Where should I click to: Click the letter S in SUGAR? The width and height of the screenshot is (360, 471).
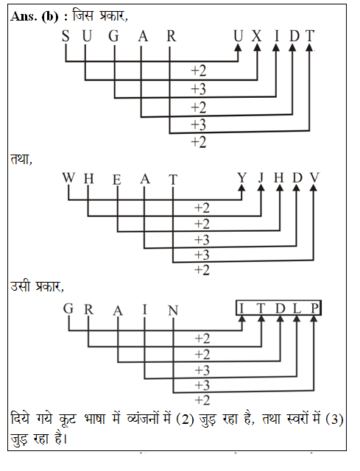pos(66,36)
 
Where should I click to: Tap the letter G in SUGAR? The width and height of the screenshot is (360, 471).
pos(113,36)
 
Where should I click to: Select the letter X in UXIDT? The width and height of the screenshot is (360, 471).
pos(257,36)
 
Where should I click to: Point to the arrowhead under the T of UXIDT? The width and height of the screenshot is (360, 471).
pos(310,47)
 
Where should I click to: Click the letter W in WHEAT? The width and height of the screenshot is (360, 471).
pos(68,177)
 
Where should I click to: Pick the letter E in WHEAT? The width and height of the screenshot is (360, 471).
pos(117,180)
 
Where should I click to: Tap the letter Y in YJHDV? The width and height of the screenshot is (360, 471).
pos(242,178)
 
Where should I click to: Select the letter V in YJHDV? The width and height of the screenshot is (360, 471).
pos(314,178)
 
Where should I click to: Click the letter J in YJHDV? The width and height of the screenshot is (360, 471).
pos(261,178)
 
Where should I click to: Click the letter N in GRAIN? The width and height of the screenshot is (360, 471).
pos(173,311)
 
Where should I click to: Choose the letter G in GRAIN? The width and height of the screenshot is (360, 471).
pos(68,308)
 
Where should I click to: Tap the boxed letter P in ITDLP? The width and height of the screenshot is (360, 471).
pos(314,308)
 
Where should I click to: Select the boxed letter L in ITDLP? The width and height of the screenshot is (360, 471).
pos(297,308)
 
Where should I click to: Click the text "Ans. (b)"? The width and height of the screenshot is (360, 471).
pos(35,16)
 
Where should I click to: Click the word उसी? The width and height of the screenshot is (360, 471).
pos(21,286)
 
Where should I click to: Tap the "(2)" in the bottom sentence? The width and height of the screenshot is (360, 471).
pos(185,419)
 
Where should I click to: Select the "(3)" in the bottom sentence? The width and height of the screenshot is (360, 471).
pos(334,419)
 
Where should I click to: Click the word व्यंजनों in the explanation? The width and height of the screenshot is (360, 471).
pos(141,419)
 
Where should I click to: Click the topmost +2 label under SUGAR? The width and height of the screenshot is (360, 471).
pos(199,71)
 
